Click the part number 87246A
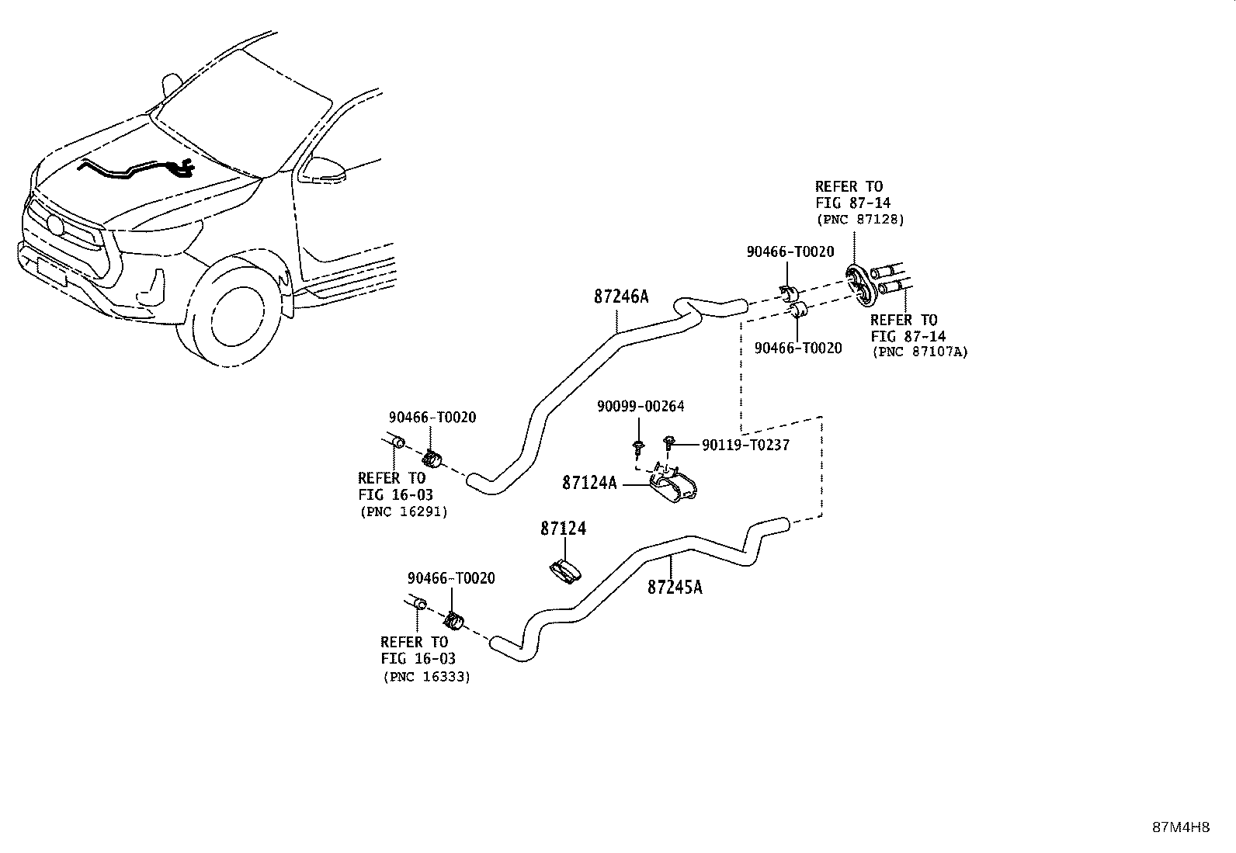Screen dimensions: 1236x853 [x=621, y=296]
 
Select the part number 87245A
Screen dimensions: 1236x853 [x=675, y=587]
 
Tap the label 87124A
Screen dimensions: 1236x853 [x=589, y=483]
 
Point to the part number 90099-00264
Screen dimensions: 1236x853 [x=641, y=406]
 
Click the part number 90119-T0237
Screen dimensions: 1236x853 [x=745, y=445]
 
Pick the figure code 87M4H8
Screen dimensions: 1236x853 [x=1181, y=827]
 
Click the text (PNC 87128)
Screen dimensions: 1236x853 [x=860, y=220]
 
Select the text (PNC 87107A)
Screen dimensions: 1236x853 [x=920, y=352]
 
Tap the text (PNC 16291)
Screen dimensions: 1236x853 [x=404, y=511]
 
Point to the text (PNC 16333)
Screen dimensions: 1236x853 [x=426, y=677]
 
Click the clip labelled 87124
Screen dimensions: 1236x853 [x=565, y=572]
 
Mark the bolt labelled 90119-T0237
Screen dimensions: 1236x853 [x=668, y=442]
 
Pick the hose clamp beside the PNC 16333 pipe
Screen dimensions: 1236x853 [x=454, y=620]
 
